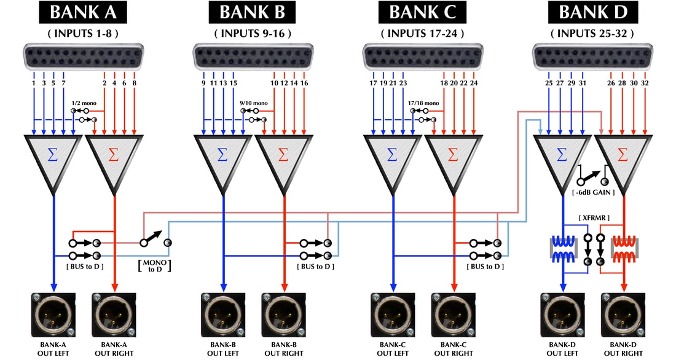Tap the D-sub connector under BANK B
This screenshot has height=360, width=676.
tap(252, 56)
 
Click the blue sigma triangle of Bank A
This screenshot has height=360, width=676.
tap(53, 157)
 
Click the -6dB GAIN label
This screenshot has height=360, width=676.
tap(594, 193)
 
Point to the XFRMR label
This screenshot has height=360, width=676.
tap(594, 219)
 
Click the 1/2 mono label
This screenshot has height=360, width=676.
tap(84, 103)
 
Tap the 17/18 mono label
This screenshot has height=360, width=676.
tap(423, 103)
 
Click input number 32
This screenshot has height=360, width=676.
tap(645, 82)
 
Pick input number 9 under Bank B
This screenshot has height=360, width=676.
tap(203, 82)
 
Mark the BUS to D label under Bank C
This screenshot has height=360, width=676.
tap(485, 267)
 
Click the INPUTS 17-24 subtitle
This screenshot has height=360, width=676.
tap(422, 33)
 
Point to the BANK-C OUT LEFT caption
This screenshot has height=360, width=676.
tap(393, 348)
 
